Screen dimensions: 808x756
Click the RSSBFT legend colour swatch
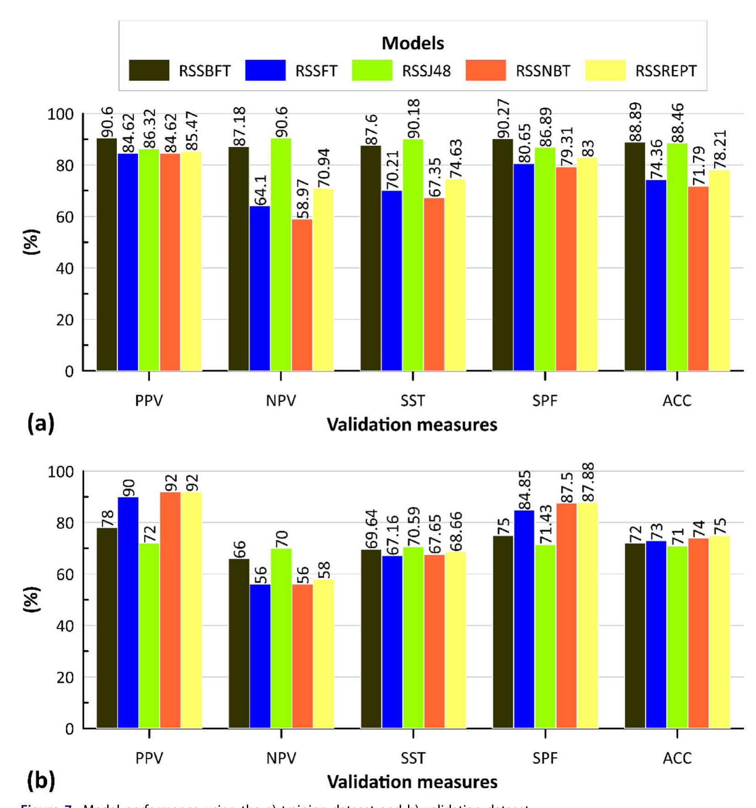149,70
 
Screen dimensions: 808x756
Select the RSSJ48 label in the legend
426,71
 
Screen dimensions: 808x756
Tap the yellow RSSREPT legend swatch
605,70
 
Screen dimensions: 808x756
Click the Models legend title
413,43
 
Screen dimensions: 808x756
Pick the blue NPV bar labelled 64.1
260,288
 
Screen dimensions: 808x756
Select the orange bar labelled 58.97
302,295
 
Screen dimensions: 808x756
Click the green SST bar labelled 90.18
413,255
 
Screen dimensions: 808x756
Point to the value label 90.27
503,119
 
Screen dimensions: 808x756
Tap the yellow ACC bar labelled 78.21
719,270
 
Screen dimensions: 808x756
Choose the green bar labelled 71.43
545,636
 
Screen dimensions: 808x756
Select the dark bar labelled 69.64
371,639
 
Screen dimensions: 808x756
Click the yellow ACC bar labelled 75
719,632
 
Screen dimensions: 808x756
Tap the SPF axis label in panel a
545,401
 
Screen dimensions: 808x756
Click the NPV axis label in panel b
281,758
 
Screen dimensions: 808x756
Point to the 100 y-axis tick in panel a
60,114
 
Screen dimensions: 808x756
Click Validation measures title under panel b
412,782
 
